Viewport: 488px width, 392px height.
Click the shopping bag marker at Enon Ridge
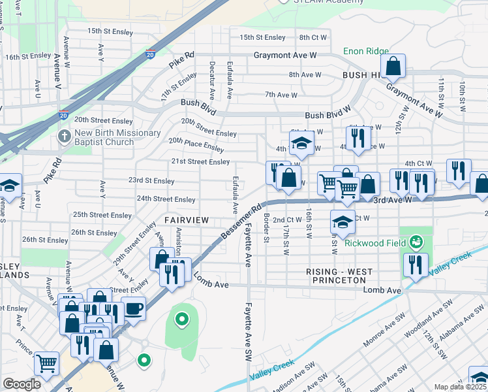click(x=393, y=65)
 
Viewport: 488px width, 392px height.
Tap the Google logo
click(x=22, y=384)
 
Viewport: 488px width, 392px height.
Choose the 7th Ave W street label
click(x=281, y=95)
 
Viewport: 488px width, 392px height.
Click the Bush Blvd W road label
click(x=328, y=115)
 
